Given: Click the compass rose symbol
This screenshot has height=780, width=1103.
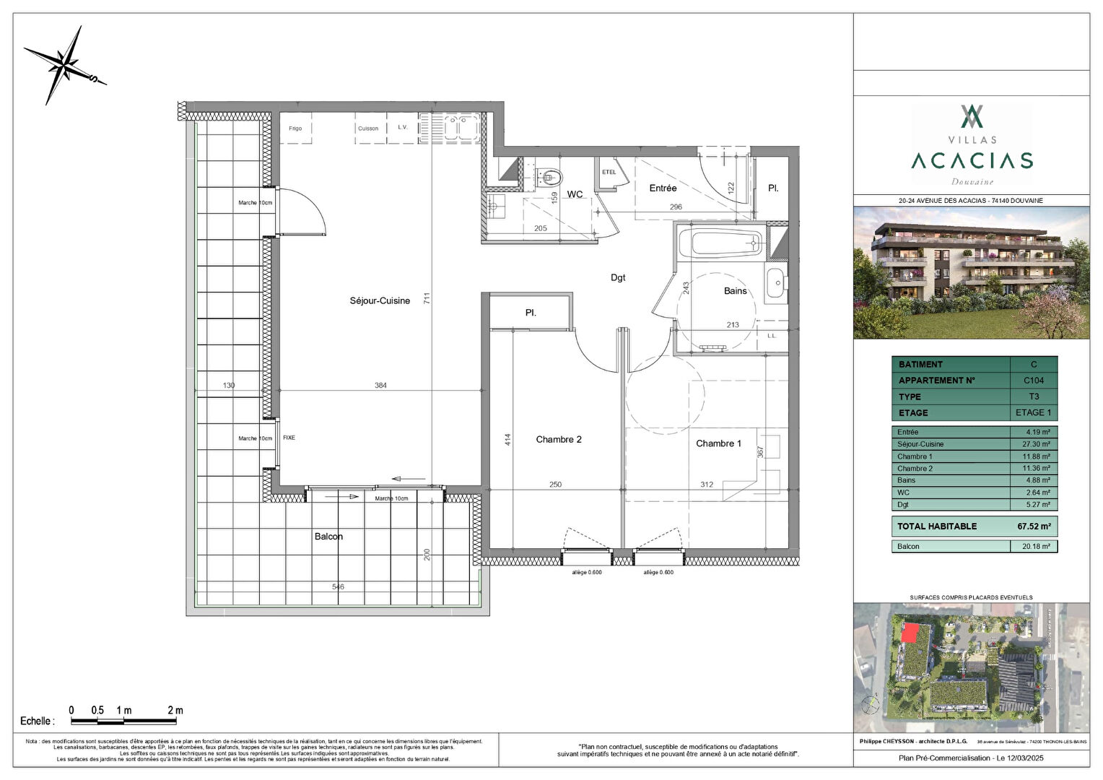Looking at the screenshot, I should point(65,66).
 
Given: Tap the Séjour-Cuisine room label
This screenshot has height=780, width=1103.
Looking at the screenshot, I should point(380,301).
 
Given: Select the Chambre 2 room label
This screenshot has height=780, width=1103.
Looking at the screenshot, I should point(558,440).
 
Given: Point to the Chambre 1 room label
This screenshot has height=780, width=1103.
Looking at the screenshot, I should point(718,443).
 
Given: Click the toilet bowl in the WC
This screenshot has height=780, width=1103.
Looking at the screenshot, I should point(549,175).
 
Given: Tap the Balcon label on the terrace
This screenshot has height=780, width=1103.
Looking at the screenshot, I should point(328,537).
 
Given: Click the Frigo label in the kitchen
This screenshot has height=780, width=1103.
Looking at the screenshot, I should point(295,129).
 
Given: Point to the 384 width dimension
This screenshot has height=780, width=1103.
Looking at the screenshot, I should point(380,386).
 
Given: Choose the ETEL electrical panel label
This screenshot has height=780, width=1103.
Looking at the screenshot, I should point(609,172).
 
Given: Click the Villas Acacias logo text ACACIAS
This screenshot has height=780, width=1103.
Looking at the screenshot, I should point(972,160).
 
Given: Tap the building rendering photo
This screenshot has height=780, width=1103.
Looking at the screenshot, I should point(971,273).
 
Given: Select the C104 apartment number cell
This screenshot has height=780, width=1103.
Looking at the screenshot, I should point(1033,381).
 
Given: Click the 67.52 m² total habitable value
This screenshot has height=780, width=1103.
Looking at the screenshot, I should point(1033,526).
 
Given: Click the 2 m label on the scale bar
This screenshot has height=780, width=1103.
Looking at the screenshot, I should point(175,711).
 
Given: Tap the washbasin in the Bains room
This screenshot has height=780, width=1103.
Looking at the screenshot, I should point(776,281).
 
